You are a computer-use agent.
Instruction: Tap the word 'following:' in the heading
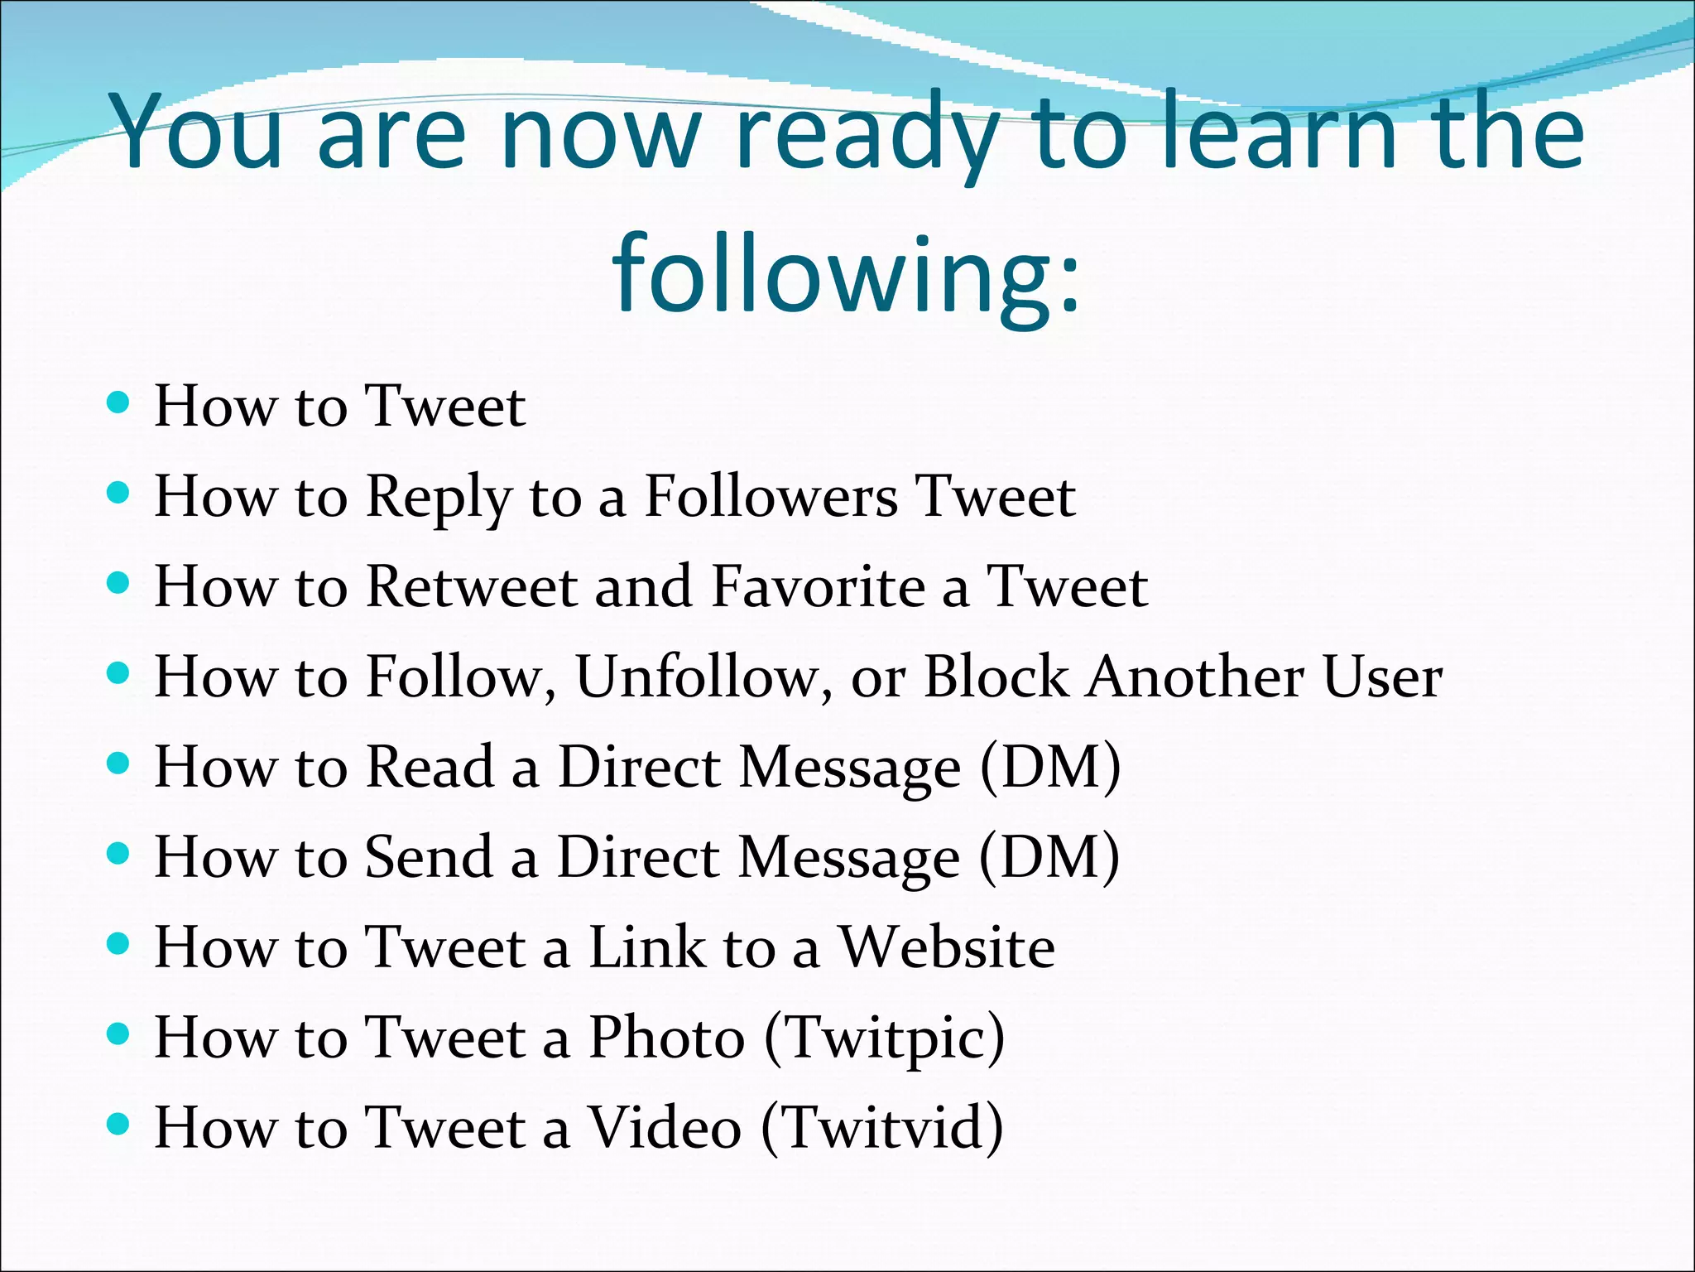[x=846, y=273]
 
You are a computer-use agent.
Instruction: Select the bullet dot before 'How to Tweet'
[x=119, y=403]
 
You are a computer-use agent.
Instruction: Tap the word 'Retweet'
[x=471, y=587]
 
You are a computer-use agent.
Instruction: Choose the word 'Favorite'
[x=818, y=587]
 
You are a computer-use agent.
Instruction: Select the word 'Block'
[x=995, y=677]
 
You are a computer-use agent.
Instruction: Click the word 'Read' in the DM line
[x=430, y=768]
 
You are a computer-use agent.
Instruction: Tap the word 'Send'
[x=429, y=857]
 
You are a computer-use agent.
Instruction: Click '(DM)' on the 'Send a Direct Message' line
[x=1049, y=858]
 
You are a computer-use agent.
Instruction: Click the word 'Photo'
[x=666, y=1038]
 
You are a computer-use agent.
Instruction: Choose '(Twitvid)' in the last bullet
[x=881, y=1129]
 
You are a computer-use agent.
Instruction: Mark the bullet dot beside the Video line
[x=119, y=1125]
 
